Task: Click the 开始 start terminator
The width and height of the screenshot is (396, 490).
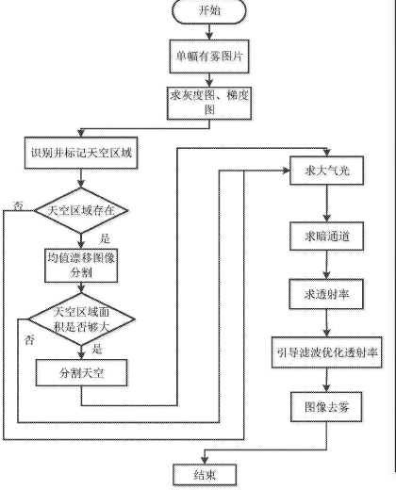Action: tap(209, 11)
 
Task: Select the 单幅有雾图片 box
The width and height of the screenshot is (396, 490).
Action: tap(209, 57)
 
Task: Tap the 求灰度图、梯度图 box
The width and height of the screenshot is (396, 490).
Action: tap(209, 103)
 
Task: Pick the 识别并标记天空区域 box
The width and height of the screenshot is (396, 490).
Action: tap(81, 153)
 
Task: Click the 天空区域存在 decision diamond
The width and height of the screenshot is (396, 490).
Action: tap(81, 210)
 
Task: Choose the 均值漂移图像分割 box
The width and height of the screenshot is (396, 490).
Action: tap(81, 266)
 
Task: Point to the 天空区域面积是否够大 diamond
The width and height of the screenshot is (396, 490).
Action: tap(81, 319)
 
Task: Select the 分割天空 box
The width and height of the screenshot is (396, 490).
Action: tap(81, 373)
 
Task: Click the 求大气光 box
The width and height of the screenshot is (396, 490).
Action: tap(327, 171)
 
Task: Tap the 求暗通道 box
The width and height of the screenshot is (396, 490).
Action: tap(327, 237)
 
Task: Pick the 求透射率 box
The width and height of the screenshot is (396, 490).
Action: tap(326, 294)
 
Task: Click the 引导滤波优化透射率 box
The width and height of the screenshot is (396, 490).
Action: tap(327, 352)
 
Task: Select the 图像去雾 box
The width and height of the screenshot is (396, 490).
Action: tap(326, 407)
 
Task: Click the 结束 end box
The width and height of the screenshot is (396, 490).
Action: tap(205, 475)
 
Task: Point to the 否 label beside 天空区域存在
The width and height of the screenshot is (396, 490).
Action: tap(18, 205)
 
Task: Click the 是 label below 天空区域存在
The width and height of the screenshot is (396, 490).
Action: tap(105, 238)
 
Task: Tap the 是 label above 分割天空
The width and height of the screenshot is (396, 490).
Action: tap(97, 349)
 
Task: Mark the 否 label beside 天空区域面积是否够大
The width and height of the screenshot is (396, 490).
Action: tap(29, 340)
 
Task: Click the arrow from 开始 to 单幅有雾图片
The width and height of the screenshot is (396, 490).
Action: tap(209, 32)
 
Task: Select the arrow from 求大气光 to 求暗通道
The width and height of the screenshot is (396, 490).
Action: tap(327, 204)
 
